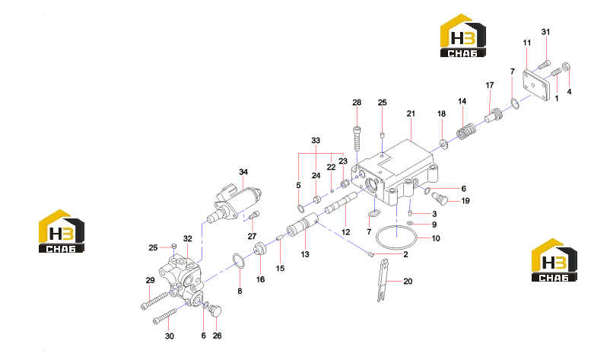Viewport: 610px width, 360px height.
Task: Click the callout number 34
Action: tap(243, 172)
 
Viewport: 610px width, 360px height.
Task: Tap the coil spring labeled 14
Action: tap(465, 132)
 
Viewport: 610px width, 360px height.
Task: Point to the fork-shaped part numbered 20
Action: tap(383, 280)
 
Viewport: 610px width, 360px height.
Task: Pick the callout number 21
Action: tap(411, 113)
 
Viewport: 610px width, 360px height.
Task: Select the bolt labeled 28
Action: tap(357, 139)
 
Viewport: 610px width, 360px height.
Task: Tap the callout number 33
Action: tap(316, 141)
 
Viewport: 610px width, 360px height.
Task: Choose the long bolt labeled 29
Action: tap(155, 300)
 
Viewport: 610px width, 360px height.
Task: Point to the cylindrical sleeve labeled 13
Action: tap(301, 228)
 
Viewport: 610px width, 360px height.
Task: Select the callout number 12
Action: tap(345, 232)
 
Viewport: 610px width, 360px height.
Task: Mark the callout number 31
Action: tap(546, 32)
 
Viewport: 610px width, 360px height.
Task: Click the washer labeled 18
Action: tap(443, 144)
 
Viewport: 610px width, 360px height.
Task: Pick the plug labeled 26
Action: tap(215, 311)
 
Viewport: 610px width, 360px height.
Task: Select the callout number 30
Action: tap(170, 336)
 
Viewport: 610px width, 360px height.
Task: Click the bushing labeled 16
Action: tap(260, 249)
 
